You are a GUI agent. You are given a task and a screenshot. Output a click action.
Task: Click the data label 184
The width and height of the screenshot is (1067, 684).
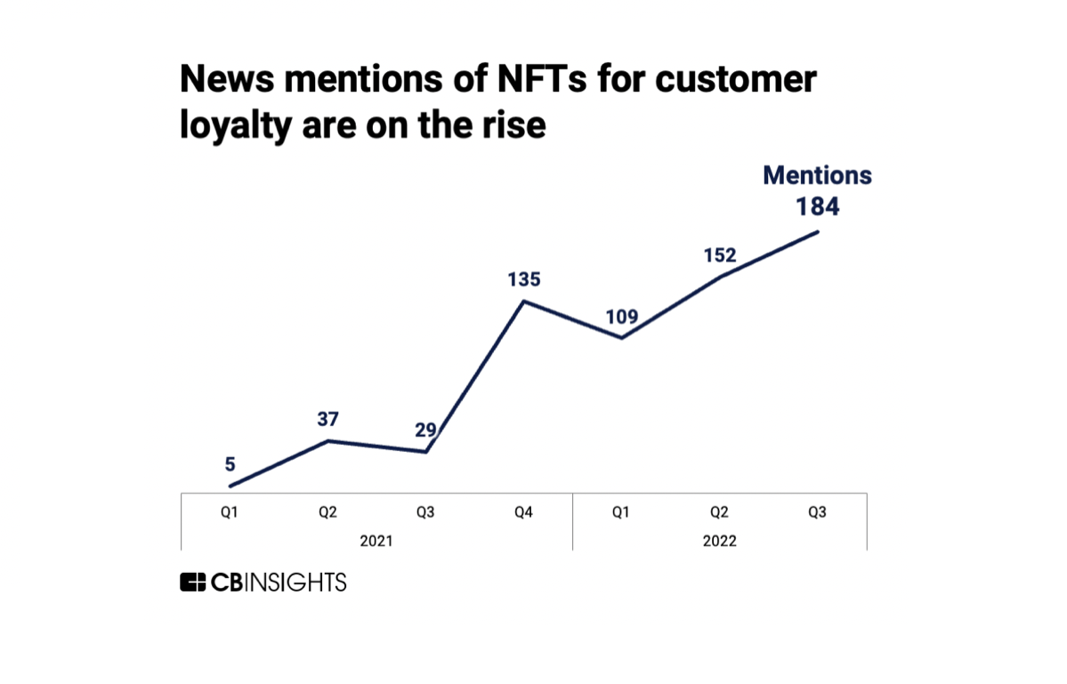817,206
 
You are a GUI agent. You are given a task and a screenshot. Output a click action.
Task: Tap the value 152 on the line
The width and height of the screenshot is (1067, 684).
719,255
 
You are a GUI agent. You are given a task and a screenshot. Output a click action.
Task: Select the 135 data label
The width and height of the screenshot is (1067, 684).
524,278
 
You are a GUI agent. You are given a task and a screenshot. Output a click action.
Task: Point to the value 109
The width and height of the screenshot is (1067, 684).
622,316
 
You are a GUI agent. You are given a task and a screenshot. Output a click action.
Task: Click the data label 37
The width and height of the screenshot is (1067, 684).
328,419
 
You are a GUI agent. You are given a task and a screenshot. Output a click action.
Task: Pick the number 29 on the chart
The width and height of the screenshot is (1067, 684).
426,430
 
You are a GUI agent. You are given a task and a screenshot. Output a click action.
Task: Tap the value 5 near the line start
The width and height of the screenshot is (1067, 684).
230,463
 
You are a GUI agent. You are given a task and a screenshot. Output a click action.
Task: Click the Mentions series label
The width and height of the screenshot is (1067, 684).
817,175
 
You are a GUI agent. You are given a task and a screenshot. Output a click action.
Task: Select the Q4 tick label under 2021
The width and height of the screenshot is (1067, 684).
523,512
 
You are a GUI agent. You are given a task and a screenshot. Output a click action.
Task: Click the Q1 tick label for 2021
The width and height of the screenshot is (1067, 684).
230,512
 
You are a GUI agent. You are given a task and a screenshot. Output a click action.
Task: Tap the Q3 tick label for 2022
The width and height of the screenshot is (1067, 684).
817,512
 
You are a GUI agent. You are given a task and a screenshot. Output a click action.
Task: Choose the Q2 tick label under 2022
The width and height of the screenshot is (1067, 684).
719,512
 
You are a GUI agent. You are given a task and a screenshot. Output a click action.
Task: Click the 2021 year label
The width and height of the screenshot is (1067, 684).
376,541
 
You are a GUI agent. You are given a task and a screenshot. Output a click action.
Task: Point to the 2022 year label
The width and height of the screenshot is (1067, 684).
719,541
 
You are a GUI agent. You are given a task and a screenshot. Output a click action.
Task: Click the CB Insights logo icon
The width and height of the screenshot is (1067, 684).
192,582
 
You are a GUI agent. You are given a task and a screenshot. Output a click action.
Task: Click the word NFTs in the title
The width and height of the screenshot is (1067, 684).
542,79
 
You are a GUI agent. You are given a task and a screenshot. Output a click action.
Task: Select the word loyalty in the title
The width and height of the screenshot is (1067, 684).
236,125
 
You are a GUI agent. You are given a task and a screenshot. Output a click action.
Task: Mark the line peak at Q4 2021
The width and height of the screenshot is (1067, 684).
524,302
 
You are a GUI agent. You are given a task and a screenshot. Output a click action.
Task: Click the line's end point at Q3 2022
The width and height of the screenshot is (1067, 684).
817,231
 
